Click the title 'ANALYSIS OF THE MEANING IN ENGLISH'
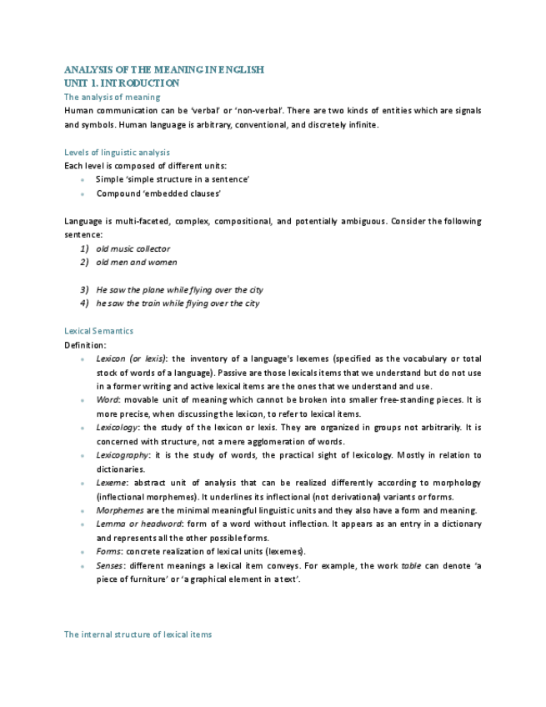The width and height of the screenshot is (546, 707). click(x=164, y=70)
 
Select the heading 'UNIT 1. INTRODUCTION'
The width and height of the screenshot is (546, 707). click(x=122, y=83)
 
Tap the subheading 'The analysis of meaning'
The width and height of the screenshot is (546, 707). click(x=112, y=98)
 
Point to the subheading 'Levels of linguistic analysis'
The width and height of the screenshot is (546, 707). click(x=117, y=153)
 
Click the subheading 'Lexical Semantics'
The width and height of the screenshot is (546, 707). click(x=98, y=331)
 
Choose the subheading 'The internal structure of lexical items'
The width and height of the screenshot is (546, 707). click(x=138, y=634)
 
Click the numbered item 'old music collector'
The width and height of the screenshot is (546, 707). click(x=133, y=248)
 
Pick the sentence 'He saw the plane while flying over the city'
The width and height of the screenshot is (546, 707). click(x=179, y=290)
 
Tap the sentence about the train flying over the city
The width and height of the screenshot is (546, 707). click(x=178, y=303)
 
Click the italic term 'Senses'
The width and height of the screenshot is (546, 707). click(x=110, y=565)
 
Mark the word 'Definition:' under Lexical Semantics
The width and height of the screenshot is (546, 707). click(x=85, y=344)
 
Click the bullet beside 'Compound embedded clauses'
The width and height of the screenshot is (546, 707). click(x=83, y=194)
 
